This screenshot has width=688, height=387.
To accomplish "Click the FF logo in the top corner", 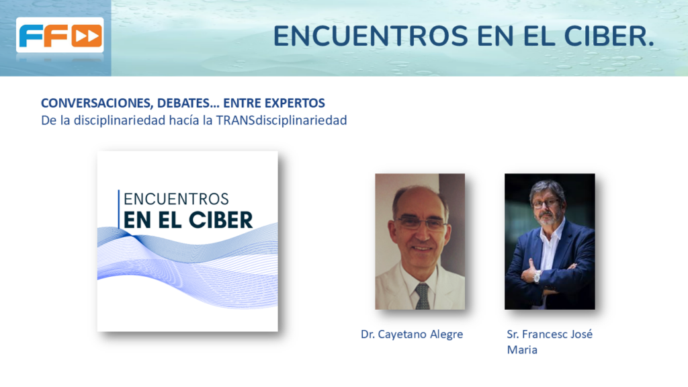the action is (60, 35).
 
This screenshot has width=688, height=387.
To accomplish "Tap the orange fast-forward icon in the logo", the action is (87, 36).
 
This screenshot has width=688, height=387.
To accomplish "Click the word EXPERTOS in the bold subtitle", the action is (296, 103).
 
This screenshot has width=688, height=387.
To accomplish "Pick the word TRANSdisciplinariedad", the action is (282, 120).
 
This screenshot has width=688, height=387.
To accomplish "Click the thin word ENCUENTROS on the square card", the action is (176, 199).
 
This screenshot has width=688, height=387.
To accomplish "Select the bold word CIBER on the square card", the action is (220, 220).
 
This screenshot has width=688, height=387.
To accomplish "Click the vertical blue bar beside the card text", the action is (118, 209).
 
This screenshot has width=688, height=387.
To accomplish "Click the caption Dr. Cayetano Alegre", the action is (412, 335).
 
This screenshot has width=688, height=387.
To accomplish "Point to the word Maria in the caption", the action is (522, 350).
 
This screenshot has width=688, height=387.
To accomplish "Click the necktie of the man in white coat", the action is (423, 296).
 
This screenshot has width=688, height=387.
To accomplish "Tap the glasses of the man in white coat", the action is (421, 223).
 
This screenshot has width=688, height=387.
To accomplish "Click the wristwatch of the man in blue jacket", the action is (537, 276).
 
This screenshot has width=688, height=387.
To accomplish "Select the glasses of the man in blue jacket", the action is (546, 204).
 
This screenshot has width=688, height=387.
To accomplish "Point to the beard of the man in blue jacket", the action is (547, 218).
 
